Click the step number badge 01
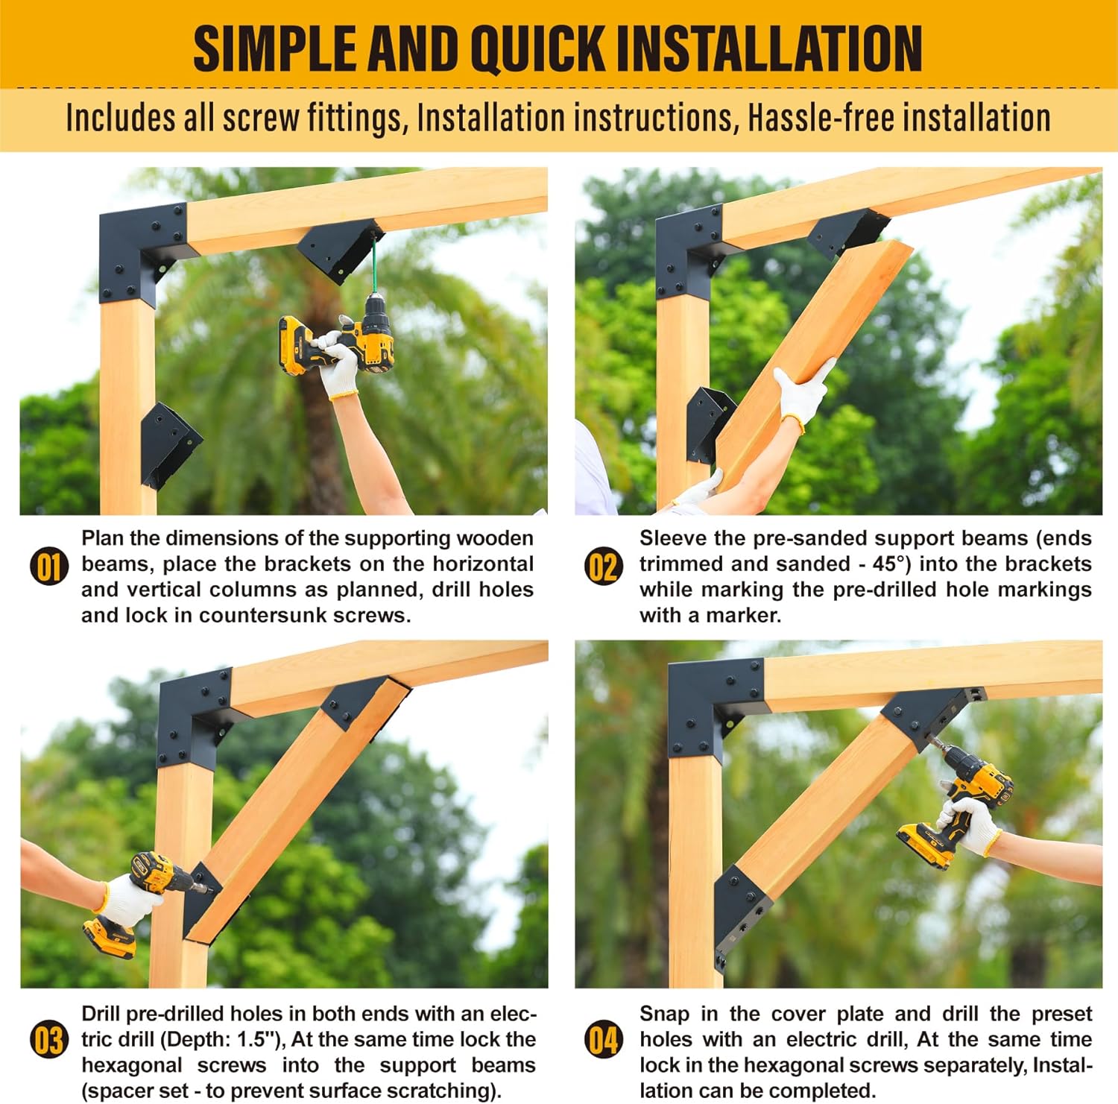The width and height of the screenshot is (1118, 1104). coord(48,567)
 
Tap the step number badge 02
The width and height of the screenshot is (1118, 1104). coord(603,567)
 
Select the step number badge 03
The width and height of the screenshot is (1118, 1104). coord(48,1041)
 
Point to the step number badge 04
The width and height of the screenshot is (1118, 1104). coord(603,1041)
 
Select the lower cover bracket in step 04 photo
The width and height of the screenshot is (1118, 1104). coord(742,915)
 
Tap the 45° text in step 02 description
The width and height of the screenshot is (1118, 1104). coord(892,564)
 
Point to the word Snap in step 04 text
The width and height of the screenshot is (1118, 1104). coord(663,1015)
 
